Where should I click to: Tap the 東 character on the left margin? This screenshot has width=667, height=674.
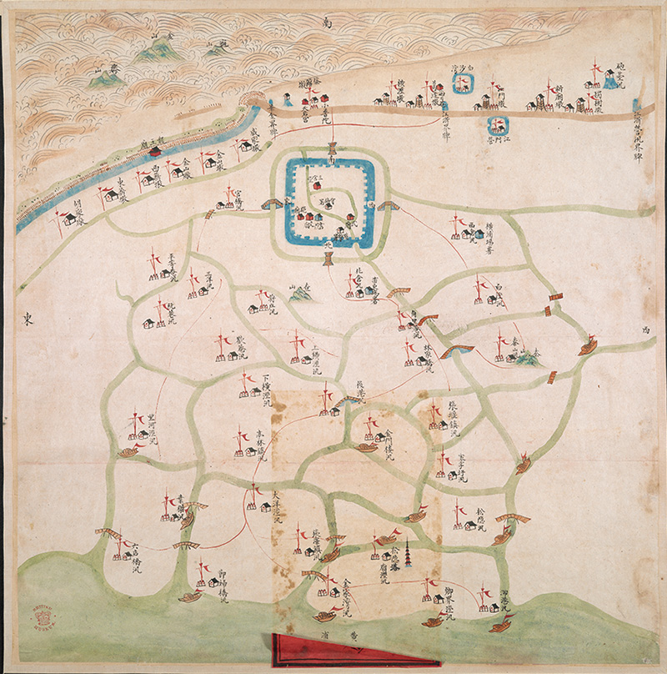(x=27, y=317)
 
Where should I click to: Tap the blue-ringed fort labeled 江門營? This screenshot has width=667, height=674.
(x=499, y=126)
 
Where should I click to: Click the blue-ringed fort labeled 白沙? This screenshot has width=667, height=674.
(x=461, y=82)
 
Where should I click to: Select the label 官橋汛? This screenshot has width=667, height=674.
(x=238, y=201)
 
